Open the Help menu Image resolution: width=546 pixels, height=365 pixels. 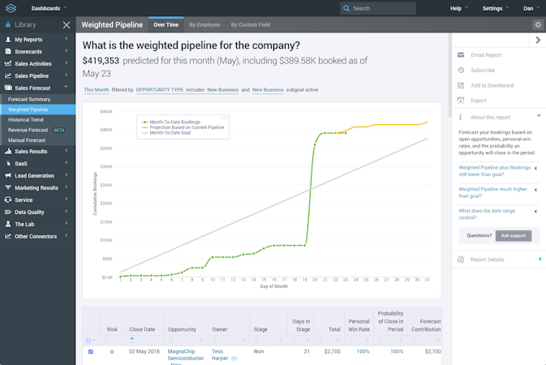pos(457,8)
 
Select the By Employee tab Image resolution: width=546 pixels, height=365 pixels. pos(204,24)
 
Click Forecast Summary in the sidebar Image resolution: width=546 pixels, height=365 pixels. pos(29,99)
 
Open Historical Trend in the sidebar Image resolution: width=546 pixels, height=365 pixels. pos(25,119)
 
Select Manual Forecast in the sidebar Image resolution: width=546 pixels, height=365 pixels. pos(27,140)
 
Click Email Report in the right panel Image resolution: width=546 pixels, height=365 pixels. pos(486,55)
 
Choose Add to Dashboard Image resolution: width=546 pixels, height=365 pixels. pos(492,85)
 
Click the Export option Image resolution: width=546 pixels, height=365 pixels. pos(479,101)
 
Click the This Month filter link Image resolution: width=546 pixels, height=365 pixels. pos(96,89)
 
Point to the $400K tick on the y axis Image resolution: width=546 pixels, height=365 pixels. pos(106,130)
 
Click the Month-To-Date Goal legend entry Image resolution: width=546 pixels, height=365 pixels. pos(177,132)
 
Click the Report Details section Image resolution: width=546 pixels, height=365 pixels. pos(487,260)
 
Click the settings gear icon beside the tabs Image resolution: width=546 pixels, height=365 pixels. pos(537,24)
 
